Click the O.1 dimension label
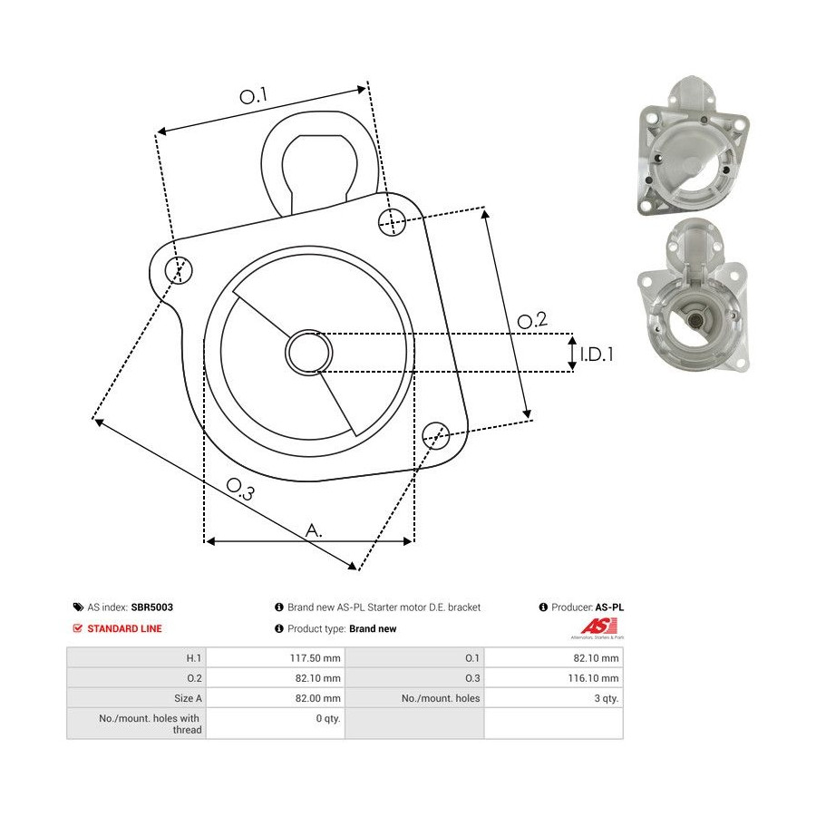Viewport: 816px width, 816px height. pyautogui.click(x=254, y=95)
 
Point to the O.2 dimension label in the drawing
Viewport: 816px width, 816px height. pyautogui.click(x=532, y=319)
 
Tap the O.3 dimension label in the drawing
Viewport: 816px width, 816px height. pyautogui.click(x=240, y=489)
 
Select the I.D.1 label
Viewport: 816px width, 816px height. pyautogui.click(x=597, y=355)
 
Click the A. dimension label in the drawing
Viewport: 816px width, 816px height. pyautogui.click(x=314, y=530)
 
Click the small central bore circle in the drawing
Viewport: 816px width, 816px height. pyautogui.click(x=308, y=353)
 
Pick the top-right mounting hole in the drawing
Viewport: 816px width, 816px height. pyautogui.click(x=392, y=221)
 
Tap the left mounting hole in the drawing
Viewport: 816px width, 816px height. pyautogui.click(x=179, y=270)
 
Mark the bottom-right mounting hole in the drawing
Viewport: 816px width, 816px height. pyautogui.click(x=435, y=435)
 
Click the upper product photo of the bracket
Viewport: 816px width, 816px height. pyautogui.click(x=694, y=147)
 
